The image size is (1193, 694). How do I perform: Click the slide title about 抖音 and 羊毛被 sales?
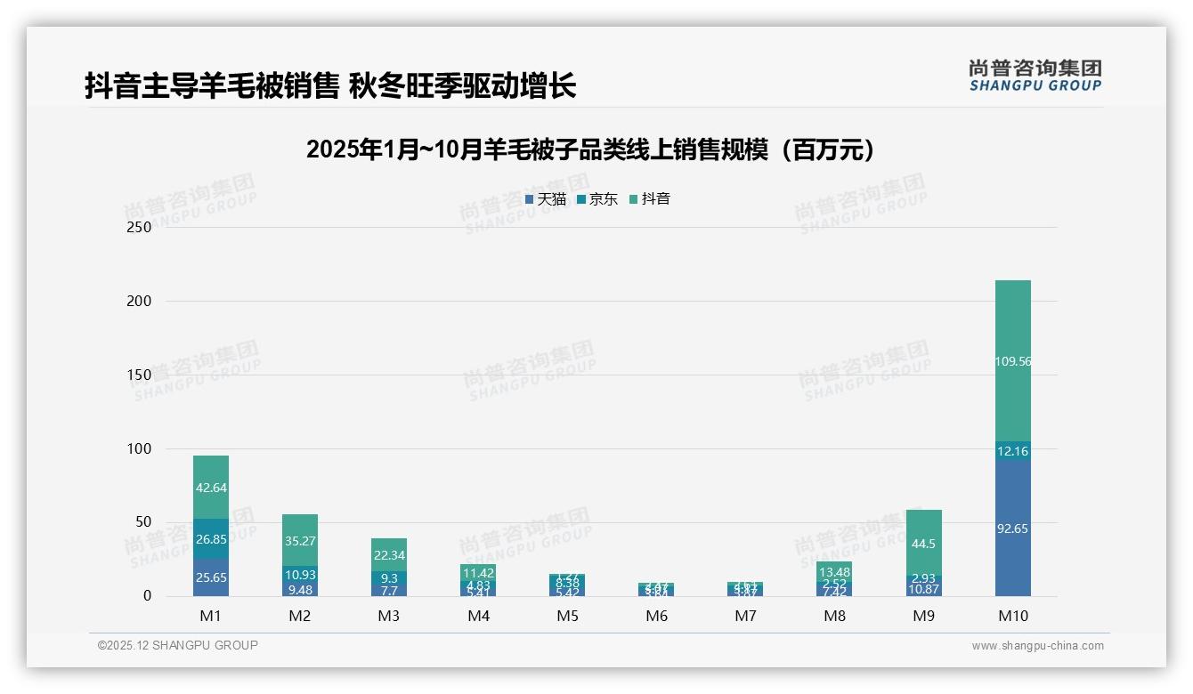click(x=330, y=85)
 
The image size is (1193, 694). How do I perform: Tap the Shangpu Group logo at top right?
click(x=1035, y=76)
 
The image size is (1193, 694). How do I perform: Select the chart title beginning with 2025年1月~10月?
click(x=595, y=149)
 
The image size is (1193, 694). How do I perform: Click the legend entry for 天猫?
click(x=546, y=199)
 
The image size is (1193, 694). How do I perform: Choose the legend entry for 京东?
click(x=597, y=199)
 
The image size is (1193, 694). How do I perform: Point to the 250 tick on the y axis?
click(x=140, y=227)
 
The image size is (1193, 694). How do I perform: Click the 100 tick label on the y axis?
click(x=140, y=448)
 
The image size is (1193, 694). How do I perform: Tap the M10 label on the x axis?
click(x=1013, y=616)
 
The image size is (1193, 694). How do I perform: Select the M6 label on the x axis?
click(x=656, y=616)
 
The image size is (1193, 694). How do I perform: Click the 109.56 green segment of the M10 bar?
click(x=1013, y=361)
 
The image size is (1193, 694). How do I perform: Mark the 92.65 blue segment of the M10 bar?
click(x=1013, y=529)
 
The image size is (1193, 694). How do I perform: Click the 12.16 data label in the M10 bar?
click(x=1013, y=451)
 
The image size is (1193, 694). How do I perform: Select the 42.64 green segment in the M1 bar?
click(x=211, y=487)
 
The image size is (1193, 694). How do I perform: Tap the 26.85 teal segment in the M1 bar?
click(x=211, y=538)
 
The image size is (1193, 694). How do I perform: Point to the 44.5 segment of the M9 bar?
click(x=924, y=544)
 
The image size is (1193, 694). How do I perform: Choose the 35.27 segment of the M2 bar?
click(x=300, y=540)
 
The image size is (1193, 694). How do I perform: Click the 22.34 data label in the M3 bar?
click(x=389, y=555)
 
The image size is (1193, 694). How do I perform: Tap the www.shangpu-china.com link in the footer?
click(x=1037, y=646)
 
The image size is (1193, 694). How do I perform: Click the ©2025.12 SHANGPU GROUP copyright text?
click(x=178, y=645)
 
